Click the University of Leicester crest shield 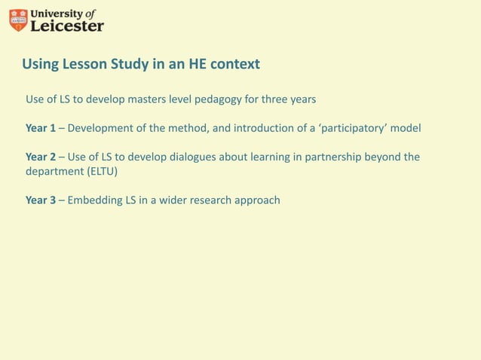[18, 20]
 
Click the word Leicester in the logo [67, 26]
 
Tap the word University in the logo [56, 13]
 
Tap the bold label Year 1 [41, 128]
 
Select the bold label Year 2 [41, 157]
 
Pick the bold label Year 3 [41, 200]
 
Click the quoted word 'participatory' [357, 128]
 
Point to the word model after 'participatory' [406, 128]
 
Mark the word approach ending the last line [258, 200]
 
